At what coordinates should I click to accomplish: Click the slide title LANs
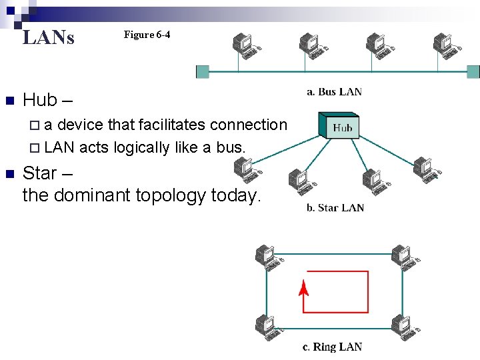pos(49,37)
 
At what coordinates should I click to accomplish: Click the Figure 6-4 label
pos(147,35)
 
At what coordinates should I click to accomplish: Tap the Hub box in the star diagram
pos(342,127)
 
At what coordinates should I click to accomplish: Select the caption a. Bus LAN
pos(334,92)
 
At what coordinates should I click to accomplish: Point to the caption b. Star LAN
pos(335,207)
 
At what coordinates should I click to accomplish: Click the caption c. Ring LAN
pos(332,347)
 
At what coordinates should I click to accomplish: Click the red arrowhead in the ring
pos(303,288)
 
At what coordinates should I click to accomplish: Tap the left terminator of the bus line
pos(203,71)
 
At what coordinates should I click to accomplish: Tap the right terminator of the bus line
pos(473,71)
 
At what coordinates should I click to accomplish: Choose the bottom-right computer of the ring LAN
pos(403,325)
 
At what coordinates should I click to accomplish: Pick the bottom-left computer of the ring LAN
pos(266,325)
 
